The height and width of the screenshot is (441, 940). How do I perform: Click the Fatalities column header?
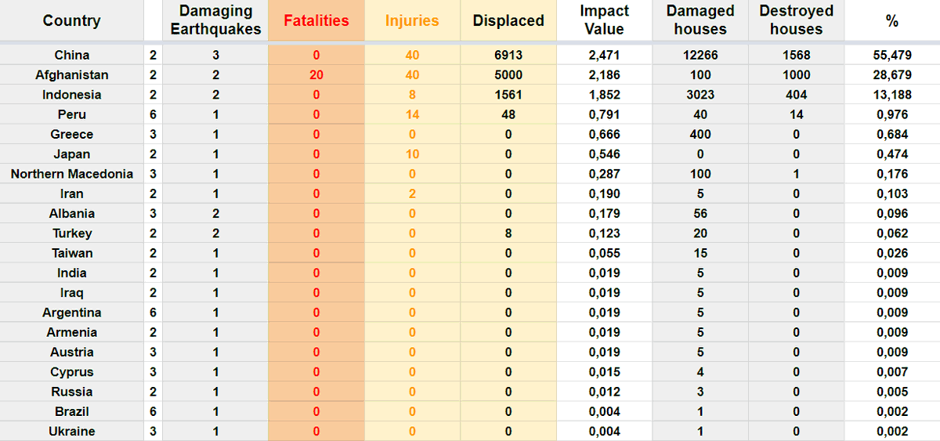coord(316,20)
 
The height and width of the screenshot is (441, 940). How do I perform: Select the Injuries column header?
coord(412,20)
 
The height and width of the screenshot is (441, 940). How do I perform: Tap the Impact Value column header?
coord(604,20)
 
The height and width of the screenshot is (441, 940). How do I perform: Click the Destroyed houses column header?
coord(796,20)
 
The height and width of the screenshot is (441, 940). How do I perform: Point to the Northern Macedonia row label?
coord(72,174)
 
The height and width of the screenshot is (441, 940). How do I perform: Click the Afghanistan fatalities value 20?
coord(316,74)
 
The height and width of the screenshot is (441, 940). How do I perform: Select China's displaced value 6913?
coord(508,55)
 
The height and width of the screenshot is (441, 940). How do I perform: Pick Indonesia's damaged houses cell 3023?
coord(700,95)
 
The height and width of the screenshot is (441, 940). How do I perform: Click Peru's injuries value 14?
coord(412,114)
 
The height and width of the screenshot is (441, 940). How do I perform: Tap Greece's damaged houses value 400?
coord(700,134)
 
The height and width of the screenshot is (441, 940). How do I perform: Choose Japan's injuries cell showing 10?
coord(412,154)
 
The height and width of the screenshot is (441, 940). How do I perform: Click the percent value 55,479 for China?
coord(892,55)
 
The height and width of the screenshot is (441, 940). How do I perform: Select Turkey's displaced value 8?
coord(508,233)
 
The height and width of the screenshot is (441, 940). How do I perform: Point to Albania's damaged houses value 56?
coord(700,214)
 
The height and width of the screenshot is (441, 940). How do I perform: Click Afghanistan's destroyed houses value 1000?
coord(796,74)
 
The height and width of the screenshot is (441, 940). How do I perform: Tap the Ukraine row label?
coord(72,432)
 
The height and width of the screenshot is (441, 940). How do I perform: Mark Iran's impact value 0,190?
coord(604,193)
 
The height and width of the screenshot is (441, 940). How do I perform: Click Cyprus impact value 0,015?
coord(604,372)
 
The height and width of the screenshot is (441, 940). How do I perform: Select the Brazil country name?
coord(72,412)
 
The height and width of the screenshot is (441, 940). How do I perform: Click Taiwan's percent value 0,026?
coord(892,253)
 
